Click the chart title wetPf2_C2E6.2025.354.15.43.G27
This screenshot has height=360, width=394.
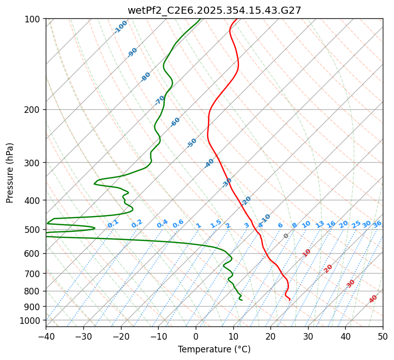click(214, 10)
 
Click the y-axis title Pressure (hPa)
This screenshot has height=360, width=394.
click(10, 172)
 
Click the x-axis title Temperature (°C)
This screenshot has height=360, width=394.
click(214, 350)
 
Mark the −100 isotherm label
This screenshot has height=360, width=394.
click(120, 26)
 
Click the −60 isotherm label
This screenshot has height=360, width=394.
click(175, 122)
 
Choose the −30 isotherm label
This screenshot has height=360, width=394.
click(227, 183)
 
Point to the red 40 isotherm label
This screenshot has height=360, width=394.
click(373, 299)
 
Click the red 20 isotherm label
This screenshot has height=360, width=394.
click(328, 268)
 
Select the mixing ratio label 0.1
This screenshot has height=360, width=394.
click(113, 224)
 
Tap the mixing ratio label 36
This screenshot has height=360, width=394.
click(377, 224)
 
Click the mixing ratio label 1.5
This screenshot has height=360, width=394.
click(216, 224)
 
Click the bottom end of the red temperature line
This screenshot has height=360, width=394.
click(290, 300)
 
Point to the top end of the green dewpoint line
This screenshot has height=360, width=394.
click(200, 19)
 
